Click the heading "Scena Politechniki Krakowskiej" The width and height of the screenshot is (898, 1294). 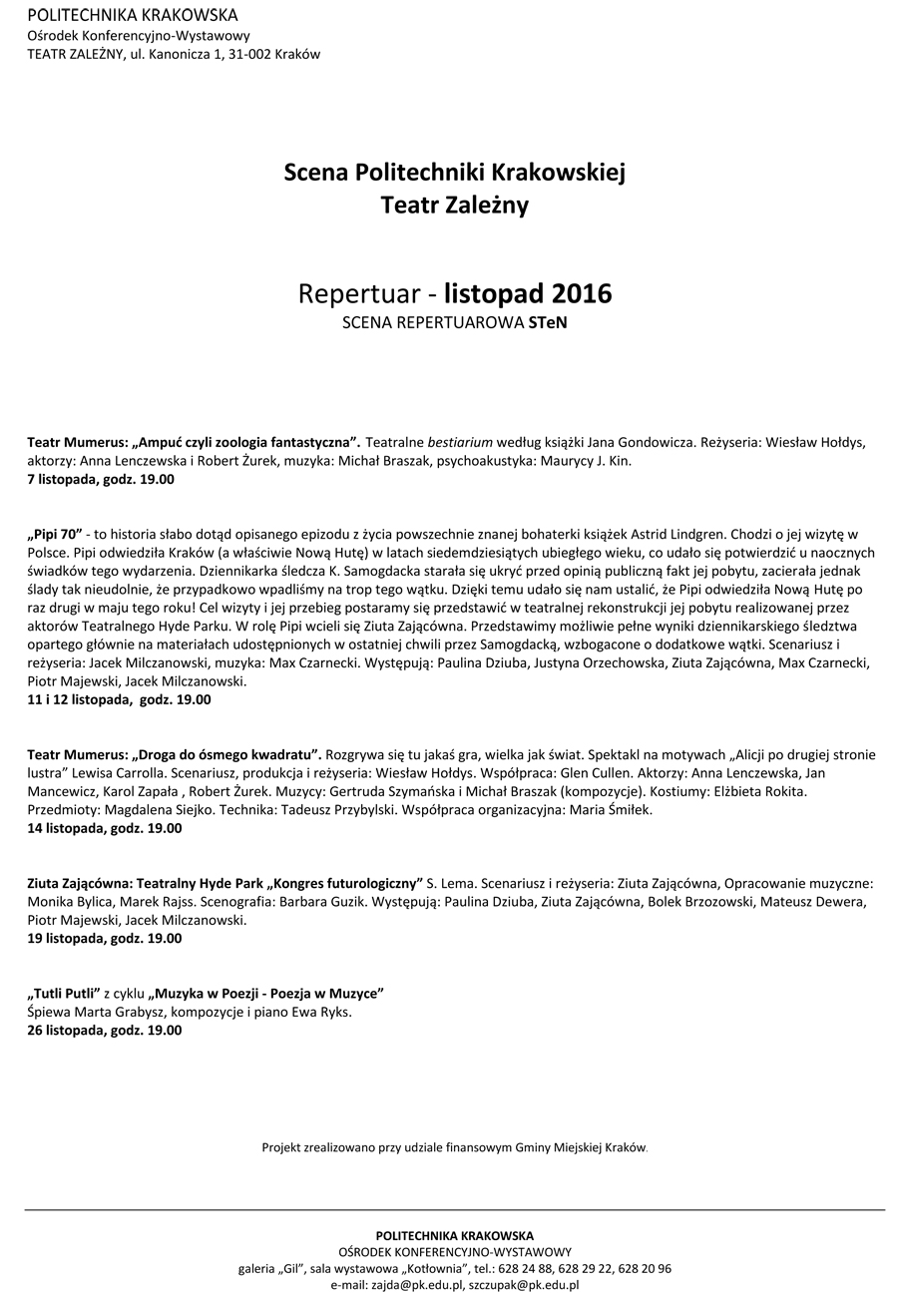point(454,172)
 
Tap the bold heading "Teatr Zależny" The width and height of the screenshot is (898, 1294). point(454,206)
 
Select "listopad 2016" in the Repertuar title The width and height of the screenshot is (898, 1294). point(528,294)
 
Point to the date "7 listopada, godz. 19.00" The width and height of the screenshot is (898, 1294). point(101,479)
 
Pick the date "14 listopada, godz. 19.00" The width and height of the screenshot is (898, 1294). point(105,828)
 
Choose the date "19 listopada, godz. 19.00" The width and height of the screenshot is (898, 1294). point(105,938)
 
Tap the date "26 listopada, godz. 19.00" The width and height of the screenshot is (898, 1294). point(105,1030)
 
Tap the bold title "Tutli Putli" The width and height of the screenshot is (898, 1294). point(63,993)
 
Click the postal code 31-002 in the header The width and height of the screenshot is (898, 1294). point(246,54)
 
